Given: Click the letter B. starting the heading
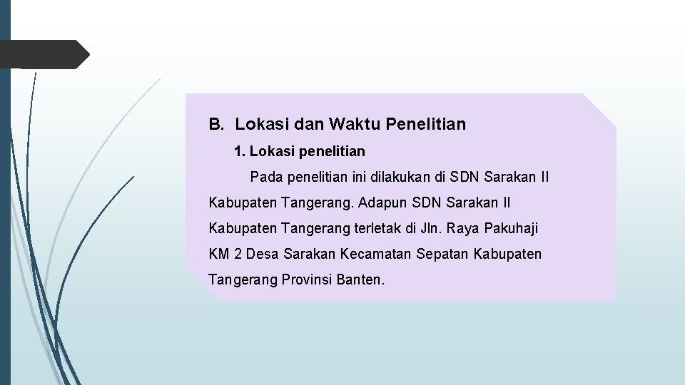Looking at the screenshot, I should click(x=215, y=125).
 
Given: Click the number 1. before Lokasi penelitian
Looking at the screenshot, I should click(x=240, y=151).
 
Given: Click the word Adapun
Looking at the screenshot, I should click(x=383, y=202).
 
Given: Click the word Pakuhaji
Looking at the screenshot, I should click(x=511, y=228).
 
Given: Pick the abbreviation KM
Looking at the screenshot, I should click(x=219, y=254).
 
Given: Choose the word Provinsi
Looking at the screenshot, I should click(x=308, y=279).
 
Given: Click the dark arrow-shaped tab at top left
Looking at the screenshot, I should click(x=44, y=54).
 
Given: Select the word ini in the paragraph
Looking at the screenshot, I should click(x=342, y=177).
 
